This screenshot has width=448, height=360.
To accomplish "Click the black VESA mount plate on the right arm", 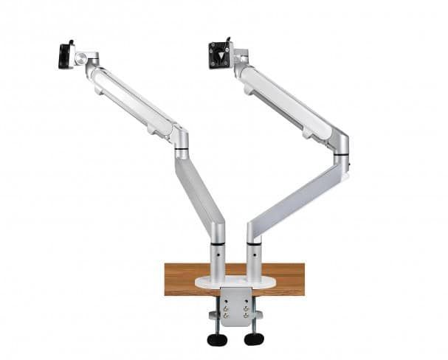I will click(x=219, y=54).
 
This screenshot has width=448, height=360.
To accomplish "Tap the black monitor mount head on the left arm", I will click(x=66, y=55).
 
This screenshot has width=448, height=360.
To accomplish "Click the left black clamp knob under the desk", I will click(x=216, y=339).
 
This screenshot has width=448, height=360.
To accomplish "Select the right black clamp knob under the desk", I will click(x=254, y=339).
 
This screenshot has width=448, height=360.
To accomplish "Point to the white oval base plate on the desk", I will click(x=235, y=282).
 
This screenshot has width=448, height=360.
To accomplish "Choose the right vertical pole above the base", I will click(x=254, y=258).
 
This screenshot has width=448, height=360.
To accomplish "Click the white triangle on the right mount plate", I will click(x=219, y=55).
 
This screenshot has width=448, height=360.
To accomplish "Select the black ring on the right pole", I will click(x=254, y=243).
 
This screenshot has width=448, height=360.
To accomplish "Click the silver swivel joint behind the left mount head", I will click(x=89, y=58).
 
